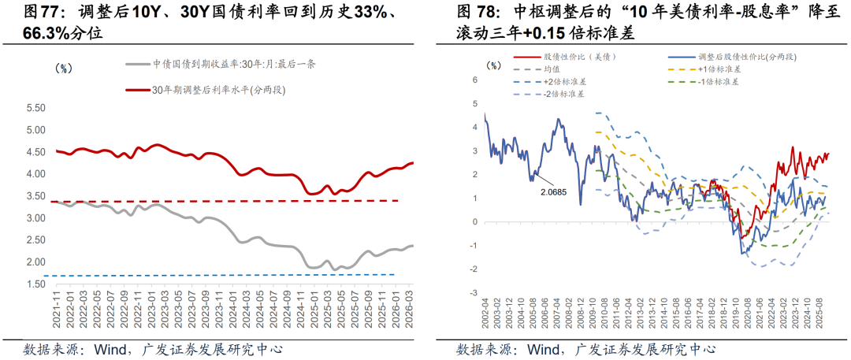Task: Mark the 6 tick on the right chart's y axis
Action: point(475,80)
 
